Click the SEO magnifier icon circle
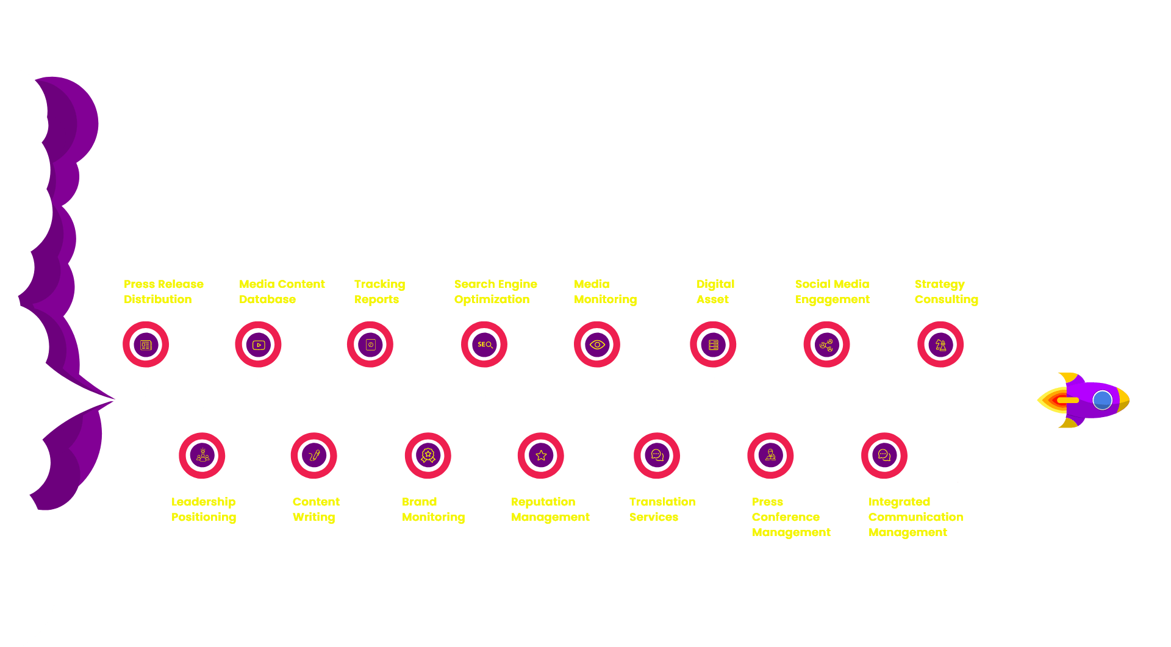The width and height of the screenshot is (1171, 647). (484, 345)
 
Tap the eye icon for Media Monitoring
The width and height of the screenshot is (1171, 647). (597, 345)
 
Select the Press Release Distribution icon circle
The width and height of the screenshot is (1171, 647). (146, 345)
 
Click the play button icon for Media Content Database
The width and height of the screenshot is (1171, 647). (259, 345)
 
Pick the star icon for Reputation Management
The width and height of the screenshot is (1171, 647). (541, 456)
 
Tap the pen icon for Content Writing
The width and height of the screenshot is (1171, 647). (314, 456)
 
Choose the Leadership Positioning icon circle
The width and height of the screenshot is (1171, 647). (202, 456)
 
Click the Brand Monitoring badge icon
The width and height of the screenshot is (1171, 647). (428, 456)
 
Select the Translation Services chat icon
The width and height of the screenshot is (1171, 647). (657, 456)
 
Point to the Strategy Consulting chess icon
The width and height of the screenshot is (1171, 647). (940, 345)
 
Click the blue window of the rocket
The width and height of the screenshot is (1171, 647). (1102, 400)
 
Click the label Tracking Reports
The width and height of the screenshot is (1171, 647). (379, 291)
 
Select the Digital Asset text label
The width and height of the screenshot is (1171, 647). (715, 291)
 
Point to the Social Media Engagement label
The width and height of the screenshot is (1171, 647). (832, 291)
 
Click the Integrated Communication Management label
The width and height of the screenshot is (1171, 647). (915, 517)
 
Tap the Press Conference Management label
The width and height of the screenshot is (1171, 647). (791, 517)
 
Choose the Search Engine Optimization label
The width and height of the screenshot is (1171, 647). (495, 291)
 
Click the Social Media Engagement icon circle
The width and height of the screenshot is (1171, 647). (826, 345)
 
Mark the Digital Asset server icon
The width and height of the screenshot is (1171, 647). (714, 345)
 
